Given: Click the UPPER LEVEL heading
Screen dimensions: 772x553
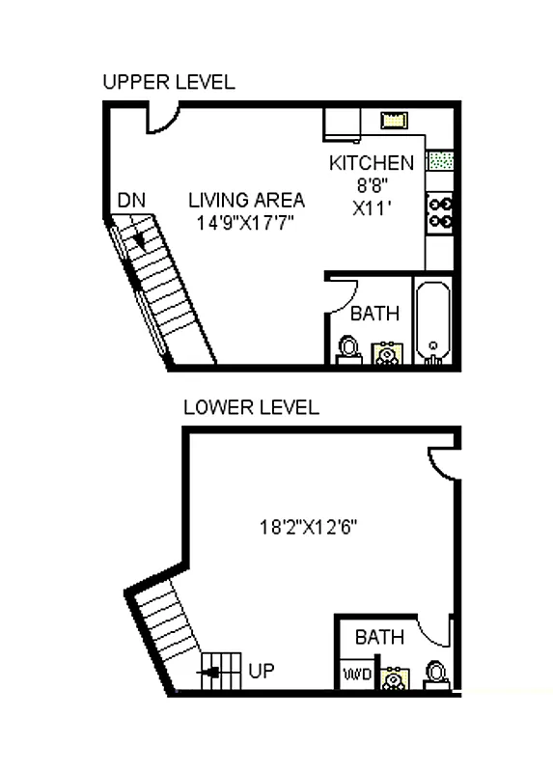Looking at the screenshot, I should pyautogui.click(x=168, y=82).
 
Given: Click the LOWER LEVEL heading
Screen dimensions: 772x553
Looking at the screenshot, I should pyautogui.click(x=250, y=407).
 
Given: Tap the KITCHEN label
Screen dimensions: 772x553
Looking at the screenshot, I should pyautogui.click(x=372, y=162).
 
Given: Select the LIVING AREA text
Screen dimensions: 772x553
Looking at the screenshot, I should pyautogui.click(x=246, y=201).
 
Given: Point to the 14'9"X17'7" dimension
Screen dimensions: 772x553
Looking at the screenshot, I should pyautogui.click(x=245, y=221).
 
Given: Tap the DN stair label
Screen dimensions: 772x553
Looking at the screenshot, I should pyautogui.click(x=131, y=200).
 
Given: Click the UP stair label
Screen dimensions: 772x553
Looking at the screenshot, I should pyautogui.click(x=262, y=670).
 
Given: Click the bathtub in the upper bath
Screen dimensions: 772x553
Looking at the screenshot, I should pyautogui.click(x=431, y=322).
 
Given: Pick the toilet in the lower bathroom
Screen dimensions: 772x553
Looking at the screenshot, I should pyautogui.click(x=437, y=674).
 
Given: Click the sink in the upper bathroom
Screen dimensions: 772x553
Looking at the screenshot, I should pyautogui.click(x=386, y=353).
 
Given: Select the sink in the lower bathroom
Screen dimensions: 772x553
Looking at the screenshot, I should pyautogui.click(x=392, y=678).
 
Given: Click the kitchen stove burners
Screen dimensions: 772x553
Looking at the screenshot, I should pyautogui.click(x=440, y=212).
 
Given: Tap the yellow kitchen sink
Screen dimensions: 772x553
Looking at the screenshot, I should pyautogui.click(x=394, y=121).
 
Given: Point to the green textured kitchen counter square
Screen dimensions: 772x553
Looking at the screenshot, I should pyautogui.click(x=439, y=160).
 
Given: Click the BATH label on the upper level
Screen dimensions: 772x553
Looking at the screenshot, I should pyautogui.click(x=375, y=315).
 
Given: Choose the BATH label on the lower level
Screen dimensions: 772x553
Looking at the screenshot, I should pyautogui.click(x=379, y=637).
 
